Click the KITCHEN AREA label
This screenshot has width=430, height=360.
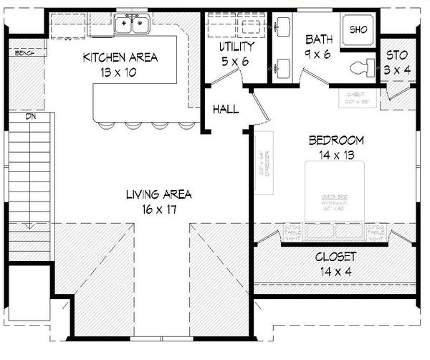pos(120,57)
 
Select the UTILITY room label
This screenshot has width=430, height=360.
pos(236,47)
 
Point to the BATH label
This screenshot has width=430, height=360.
pos(316,39)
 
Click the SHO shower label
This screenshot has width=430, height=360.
pos(357,29)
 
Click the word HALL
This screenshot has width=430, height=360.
pos(226,109)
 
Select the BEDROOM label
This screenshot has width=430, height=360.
pos(336,140)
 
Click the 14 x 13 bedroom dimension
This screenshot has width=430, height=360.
pos(336,153)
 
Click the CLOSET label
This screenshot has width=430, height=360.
pos(335,257)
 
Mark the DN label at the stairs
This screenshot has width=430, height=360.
pos(31,115)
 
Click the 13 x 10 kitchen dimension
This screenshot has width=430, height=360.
pos(120,72)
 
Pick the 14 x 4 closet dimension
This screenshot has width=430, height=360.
pos(335,271)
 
